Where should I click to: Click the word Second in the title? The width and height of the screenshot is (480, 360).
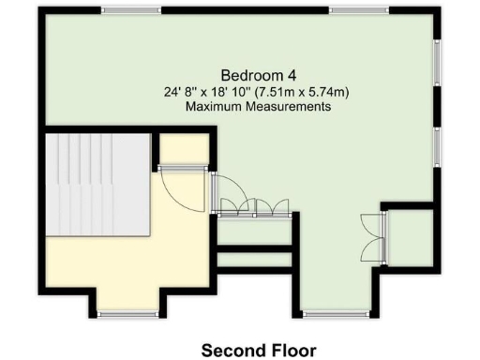click(x=229, y=350)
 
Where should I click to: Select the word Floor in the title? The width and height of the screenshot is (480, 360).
click(x=290, y=350)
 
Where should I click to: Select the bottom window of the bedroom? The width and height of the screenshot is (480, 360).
click(x=336, y=314)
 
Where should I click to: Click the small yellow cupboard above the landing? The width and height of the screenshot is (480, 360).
click(x=183, y=148)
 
